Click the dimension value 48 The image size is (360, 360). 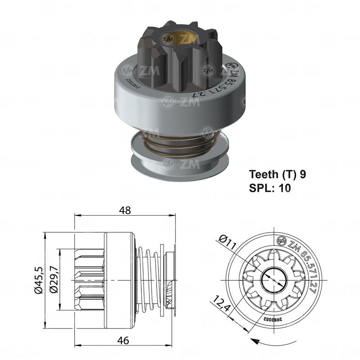click(125, 210)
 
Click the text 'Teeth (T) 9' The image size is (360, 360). click(278, 175)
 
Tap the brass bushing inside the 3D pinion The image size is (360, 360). click(187, 38)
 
